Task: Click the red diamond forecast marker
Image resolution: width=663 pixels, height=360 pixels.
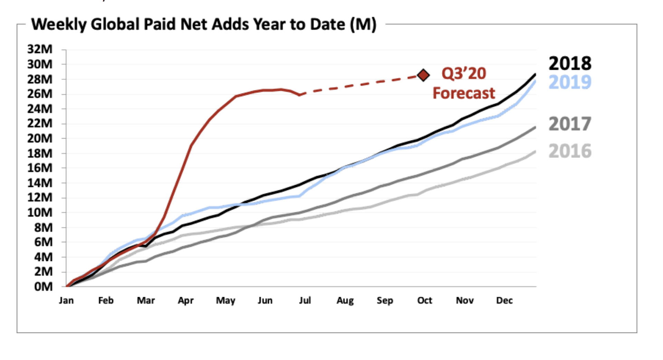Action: [423, 75]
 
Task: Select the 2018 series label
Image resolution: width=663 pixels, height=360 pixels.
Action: [570, 64]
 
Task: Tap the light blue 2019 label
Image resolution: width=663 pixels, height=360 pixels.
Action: [570, 82]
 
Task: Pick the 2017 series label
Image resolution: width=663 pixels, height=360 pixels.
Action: [570, 124]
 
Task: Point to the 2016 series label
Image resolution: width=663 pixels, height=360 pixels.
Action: [570, 151]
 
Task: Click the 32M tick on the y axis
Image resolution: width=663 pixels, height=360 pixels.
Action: [40, 49]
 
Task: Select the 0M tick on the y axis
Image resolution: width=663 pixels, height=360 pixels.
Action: [44, 286]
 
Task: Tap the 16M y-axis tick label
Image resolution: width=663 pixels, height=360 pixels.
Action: [40, 168]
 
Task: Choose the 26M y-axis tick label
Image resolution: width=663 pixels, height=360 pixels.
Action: [40, 94]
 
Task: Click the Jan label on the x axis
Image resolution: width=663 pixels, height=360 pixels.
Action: [66, 300]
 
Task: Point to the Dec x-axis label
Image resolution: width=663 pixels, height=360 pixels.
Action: [505, 300]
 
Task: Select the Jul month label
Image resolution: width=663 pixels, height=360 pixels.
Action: [305, 300]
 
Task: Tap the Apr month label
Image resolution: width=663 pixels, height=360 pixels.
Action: [185, 301]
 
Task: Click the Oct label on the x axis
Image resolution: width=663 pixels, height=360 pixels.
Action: [425, 300]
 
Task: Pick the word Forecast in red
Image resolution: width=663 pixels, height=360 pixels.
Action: [464, 93]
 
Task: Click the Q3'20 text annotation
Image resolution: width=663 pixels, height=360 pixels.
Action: [464, 74]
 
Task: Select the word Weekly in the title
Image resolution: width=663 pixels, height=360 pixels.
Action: [59, 25]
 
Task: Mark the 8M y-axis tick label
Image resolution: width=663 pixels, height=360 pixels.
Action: [44, 227]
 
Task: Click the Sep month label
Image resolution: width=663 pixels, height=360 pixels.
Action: [385, 301]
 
